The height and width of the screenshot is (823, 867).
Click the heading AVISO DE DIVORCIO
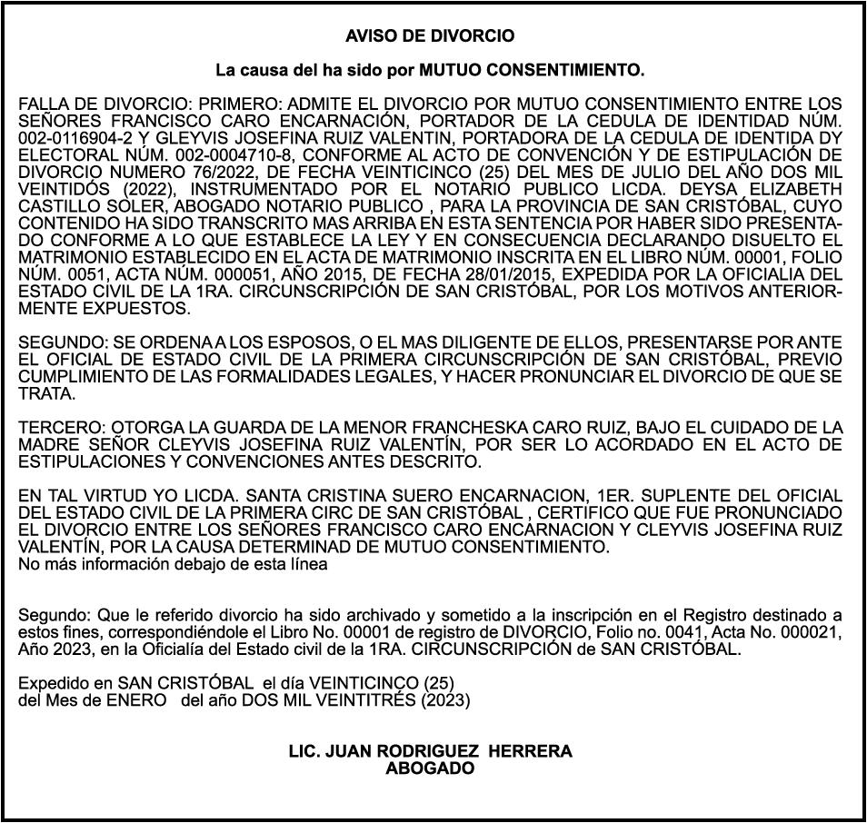tap(430, 36)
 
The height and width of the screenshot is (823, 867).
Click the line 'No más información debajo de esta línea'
tap(173, 564)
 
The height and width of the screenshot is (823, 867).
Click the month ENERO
tap(136, 700)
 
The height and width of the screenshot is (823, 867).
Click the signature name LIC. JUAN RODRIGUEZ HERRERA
tap(430, 751)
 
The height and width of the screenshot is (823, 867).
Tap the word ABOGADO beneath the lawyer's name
tap(430, 768)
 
